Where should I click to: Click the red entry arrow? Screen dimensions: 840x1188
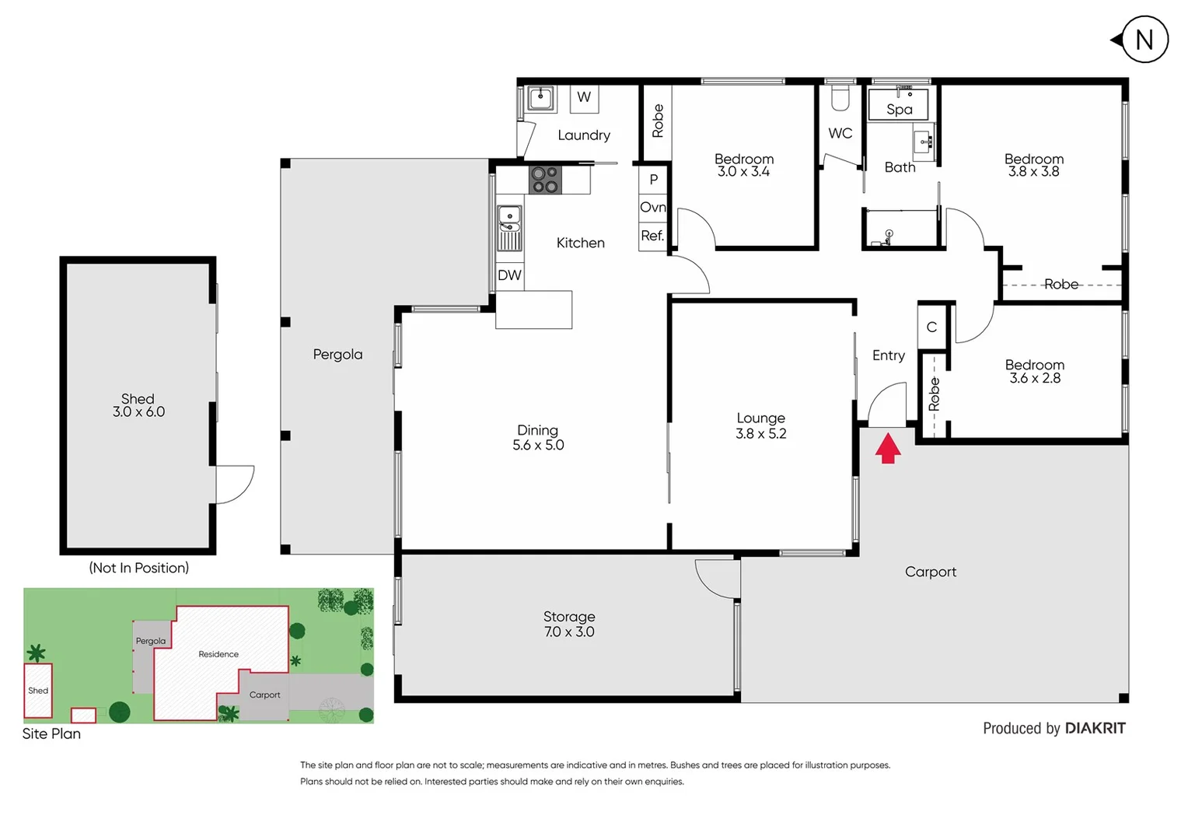(x=888, y=449)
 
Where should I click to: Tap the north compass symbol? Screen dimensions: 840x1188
(x=1144, y=40)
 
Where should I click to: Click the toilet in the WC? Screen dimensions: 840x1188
(x=840, y=98)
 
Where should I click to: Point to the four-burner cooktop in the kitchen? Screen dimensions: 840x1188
(x=545, y=180)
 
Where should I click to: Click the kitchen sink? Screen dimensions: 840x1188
(x=509, y=219)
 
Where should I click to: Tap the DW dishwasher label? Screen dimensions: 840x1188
(x=509, y=275)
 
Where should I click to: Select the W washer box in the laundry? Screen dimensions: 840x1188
(x=584, y=98)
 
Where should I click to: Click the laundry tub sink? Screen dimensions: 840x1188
(x=540, y=98)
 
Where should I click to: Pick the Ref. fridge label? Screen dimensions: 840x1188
(x=652, y=236)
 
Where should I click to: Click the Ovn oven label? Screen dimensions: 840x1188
(x=653, y=208)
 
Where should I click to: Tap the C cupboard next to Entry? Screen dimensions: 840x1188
(x=931, y=327)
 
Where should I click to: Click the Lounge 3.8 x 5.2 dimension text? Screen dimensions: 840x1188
(x=760, y=434)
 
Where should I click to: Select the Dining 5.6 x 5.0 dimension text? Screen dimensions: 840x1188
(x=538, y=445)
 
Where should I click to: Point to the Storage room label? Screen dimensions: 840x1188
(x=569, y=617)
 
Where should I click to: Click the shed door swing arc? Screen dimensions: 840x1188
(x=236, y=484)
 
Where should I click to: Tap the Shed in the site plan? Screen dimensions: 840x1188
(x=38, y=691)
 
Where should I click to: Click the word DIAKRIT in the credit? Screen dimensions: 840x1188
(x=1095, y=729)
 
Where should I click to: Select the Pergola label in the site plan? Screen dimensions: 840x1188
(x=150, y=642)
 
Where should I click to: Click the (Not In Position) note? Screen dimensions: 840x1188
(x=138, y=568)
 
